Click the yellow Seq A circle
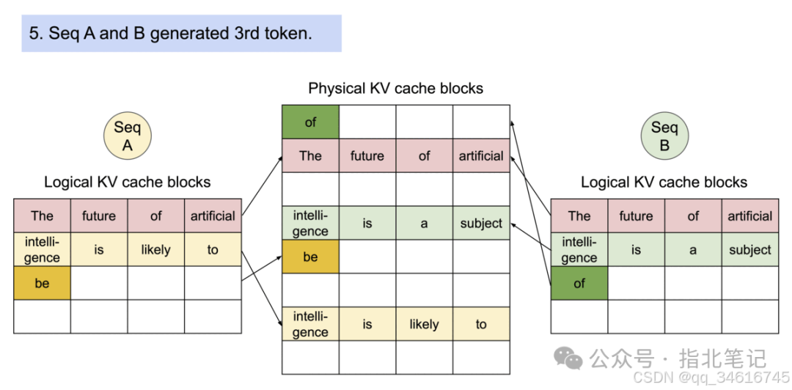click(x=127, y=136)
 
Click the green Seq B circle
click(x=664, y=136)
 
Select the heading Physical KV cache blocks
click(x=395, y=89)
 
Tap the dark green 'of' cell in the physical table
click(x=310, y=122)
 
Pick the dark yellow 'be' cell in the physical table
click(x=310, y=257)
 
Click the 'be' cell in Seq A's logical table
click(x=42, y=283)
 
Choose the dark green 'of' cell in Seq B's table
click(x=579, y=283)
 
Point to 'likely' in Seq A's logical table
click(x=155, y=249)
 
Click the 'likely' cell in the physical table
click(x=424, y=324)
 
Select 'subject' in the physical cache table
click(x=481, y=224)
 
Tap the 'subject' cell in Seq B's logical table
click(x=749, y=249)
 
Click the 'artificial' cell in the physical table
click(x=481, y=155)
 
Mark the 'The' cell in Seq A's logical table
click(x=42, y=216)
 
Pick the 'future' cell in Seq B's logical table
click(x=636, y=216)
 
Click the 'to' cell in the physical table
click(x=481, y=324)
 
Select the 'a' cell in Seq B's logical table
click(x=693, y=249)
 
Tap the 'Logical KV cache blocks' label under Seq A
click(x=127, y=182)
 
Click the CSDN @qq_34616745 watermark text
click(x=711, y=377)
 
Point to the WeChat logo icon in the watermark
click(x=568, y=358)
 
